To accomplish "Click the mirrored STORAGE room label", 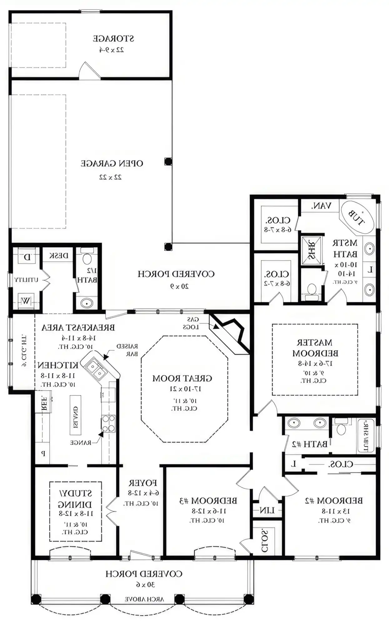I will (x=113, y=39).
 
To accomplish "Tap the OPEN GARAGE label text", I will (x=112, y=163).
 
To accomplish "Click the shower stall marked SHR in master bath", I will (x=311, y=250).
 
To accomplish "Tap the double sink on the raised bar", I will (x=96, y=369).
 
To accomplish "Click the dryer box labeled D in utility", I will (x=27, y=257).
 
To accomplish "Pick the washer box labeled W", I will (x=26, y=301).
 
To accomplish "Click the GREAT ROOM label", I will (x=182, y=378).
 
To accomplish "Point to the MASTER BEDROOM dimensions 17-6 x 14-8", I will (x=315, y=363).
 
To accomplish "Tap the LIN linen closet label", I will (x=267, y=511).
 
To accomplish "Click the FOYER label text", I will (x=143, y=483).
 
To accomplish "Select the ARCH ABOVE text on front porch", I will (x=144, y=599).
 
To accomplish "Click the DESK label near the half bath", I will (x=59, y=256).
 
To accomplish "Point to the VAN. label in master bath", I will (x=321, y=206).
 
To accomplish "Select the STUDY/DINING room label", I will (x=75, y=499).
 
